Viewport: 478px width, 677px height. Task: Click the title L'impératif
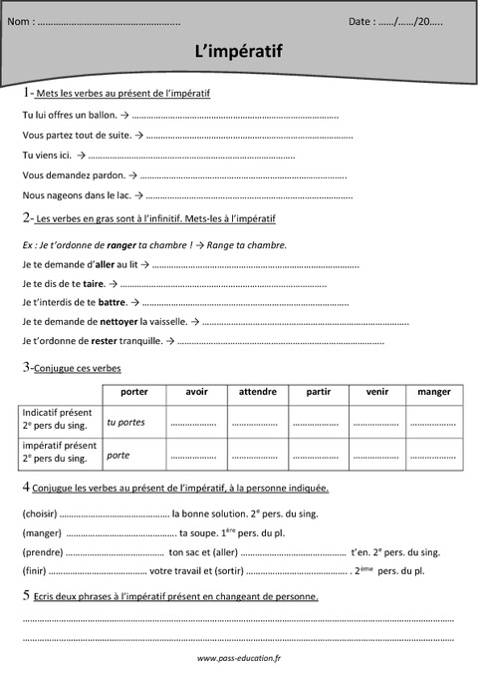click(239, 51)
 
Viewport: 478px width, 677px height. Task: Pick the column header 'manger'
click(433, 392)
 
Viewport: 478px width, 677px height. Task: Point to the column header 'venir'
click(377, 392)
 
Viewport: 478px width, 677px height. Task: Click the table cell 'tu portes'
click(125, 422)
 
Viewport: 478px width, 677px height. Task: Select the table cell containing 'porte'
click(118, 455)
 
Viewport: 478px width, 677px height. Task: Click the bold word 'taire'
click(95, 283)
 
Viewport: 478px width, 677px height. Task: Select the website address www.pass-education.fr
click(239, 659)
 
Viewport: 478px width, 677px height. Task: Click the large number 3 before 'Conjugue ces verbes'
click(25, 367)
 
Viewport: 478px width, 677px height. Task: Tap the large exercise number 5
click(25, 595)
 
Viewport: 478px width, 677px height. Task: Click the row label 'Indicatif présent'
click(57, 412)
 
